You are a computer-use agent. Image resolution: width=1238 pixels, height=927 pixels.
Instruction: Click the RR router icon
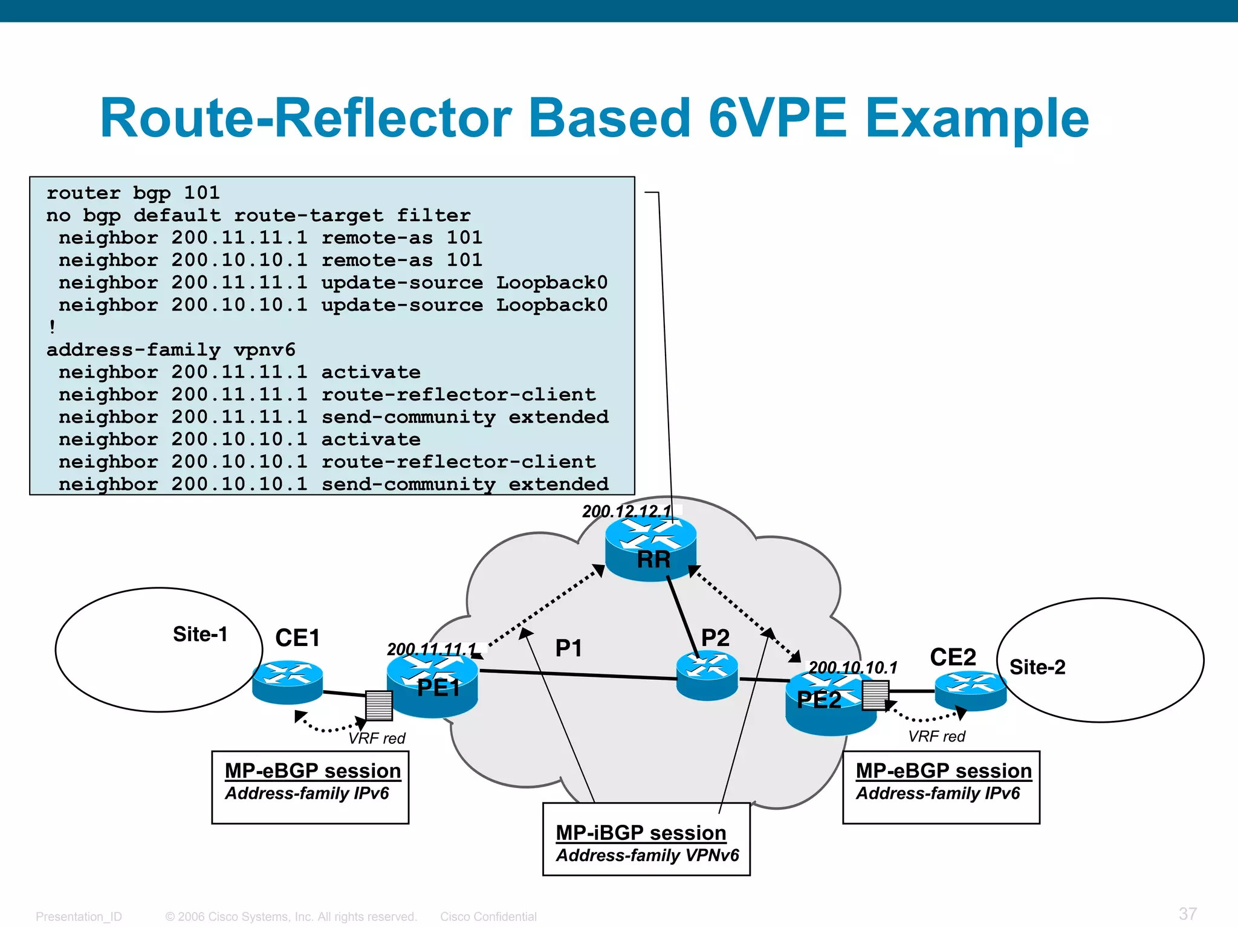tap(650, 547)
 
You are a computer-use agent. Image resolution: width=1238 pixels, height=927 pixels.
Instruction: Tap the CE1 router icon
tap(287, 682)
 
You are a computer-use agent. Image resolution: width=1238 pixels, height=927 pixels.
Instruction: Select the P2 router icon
tap(707, 675)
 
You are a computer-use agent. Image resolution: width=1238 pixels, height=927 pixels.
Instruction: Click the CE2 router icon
tap(970, 690)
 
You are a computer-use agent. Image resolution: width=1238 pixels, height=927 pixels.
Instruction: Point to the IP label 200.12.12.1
tap(626, 511)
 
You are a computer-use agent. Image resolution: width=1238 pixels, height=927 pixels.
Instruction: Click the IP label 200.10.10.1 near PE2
tap(852, 667)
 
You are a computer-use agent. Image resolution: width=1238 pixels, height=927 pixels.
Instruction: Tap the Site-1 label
tap(200, 634)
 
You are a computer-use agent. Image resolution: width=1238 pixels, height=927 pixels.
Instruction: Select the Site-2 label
tap(1037, 667)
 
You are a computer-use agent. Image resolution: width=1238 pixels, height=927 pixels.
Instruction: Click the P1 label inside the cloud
tap(568, 648)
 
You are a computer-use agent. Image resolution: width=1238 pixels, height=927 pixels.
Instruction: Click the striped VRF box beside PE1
tap(379, 705)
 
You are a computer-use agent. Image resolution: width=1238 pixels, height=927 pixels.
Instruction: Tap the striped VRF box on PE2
tap(875, 695)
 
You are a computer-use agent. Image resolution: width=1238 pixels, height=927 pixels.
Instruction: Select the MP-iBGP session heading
tap(640, 833)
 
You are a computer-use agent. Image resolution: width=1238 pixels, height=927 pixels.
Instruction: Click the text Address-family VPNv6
tap(647, 855)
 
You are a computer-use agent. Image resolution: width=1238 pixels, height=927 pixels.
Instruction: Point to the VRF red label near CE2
tap(936, 736)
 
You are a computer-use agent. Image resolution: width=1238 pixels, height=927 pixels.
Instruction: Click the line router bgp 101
tap(133, 193)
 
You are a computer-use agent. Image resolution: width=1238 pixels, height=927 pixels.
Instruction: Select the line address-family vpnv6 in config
tap(171, 350)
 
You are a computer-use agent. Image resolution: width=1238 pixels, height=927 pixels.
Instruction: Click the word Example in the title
tap(977, 118)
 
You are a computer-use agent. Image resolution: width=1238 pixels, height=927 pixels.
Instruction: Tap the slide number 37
tap(1187, 913)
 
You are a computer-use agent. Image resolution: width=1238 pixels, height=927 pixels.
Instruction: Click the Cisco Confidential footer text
tap(488, 916)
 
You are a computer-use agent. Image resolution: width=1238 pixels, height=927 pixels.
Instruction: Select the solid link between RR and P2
tap(682, 616)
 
